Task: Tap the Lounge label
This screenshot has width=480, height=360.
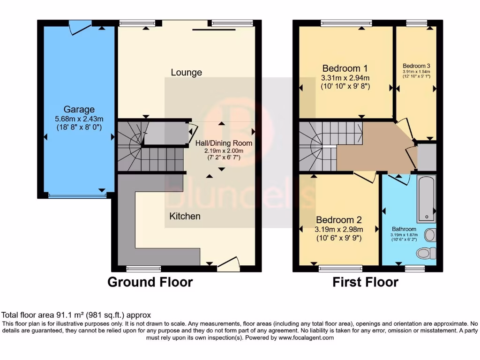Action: [x=186, y=72]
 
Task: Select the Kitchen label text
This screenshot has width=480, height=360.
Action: [x=185, y=216]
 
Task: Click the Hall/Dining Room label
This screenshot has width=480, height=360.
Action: [x=224, y=143]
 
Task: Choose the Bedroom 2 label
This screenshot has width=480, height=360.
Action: [x=338, y=220]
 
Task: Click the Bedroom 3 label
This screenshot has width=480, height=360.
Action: [x=416, y=66]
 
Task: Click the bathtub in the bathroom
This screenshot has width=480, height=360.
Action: [x=426, y=199]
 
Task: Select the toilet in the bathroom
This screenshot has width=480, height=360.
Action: [x=425, y=253]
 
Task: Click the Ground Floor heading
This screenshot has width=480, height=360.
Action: [x=150, y=282]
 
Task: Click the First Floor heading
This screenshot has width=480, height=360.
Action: [x=365, y=282]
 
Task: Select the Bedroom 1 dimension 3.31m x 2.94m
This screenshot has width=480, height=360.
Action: [x=345, y=78]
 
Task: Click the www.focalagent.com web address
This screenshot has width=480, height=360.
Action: [x=307, y=337]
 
